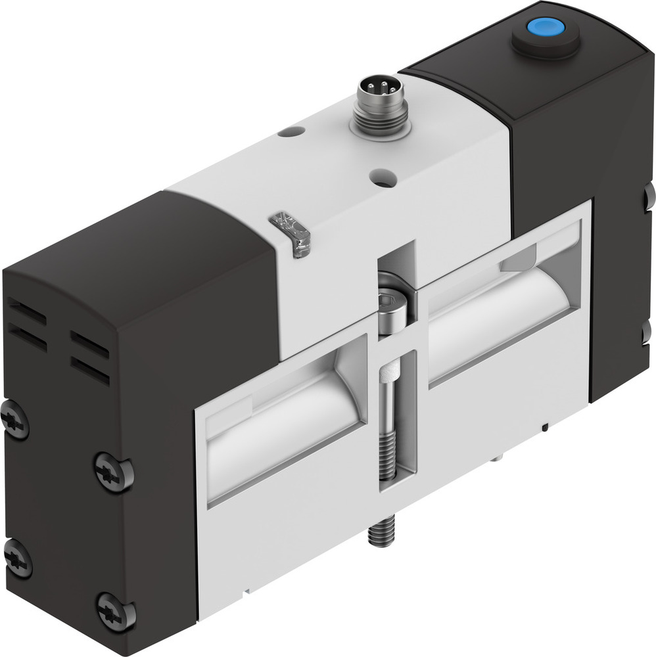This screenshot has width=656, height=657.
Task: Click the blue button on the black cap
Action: (x=545, y=28)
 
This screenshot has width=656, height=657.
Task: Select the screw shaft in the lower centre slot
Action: (x=388, y=427)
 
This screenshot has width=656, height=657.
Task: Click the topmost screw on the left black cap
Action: (x=14, y=420)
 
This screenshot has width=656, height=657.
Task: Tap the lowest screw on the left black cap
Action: (x=116, y=612)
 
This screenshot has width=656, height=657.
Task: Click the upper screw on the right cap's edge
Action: (x=650, y=195)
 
